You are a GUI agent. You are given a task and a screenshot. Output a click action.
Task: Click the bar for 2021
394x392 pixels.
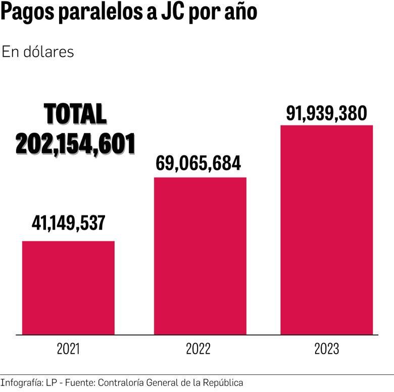coord(68,288)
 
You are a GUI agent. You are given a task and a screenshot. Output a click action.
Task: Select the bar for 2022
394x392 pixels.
coord(200,256)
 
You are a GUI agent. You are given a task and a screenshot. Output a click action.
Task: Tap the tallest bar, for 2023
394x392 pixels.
coord(326,230)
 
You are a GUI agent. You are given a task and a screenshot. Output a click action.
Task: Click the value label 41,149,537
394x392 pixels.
coord(68,222)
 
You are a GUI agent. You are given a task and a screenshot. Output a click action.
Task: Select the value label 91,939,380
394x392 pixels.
coord(326,114)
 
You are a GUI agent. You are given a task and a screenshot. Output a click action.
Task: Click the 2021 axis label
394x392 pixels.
coord(68,349)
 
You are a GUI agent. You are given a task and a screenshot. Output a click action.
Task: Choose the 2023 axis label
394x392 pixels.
coord(326,349)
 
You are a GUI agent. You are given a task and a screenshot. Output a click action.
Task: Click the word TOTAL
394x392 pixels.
coord(75,115)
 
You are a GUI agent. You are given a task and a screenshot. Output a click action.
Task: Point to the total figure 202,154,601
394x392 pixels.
coord(75,144)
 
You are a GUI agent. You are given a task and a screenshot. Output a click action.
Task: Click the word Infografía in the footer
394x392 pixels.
coord(21,383)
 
